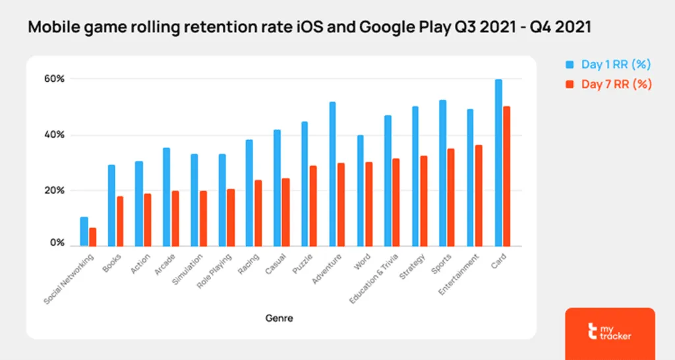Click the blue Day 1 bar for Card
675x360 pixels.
(x=498, y=162)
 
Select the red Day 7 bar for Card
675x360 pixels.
(x=506, y=175)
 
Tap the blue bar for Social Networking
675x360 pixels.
(x=84, y=231)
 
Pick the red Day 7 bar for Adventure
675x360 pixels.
(x=341, y=204)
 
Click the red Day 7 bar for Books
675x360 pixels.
(x=119, y=221)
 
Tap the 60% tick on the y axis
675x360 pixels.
(x=55, y=78)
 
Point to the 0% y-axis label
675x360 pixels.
(x=57, y=243)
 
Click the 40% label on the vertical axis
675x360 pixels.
(x=55, y=135)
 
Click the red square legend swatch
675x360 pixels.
(x=570, y=84)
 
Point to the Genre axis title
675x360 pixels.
(x=279, y=318)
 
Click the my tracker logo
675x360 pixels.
(x=610, y=332)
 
